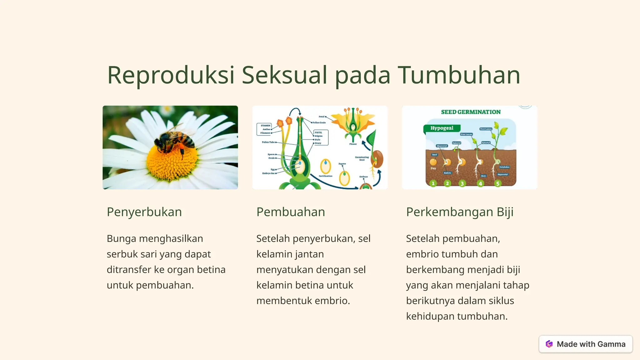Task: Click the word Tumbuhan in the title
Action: [459, 75]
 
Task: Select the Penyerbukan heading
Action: [144, 212]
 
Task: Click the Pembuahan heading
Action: [291, 212]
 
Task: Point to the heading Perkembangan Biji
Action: [460, 212]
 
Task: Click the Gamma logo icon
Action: [549, 344]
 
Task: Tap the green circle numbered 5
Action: [498, 183]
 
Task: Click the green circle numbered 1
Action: [433, 183]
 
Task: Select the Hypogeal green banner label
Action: [442, 128]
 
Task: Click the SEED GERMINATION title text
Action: [471, 112]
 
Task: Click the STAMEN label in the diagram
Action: [265, 125]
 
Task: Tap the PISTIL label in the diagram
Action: [318, 132]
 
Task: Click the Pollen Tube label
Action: [268, 142]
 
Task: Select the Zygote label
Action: [342, 163]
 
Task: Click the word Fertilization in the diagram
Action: [325, 176]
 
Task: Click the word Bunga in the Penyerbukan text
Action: [121, 238]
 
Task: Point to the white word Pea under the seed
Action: [433, 168]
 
